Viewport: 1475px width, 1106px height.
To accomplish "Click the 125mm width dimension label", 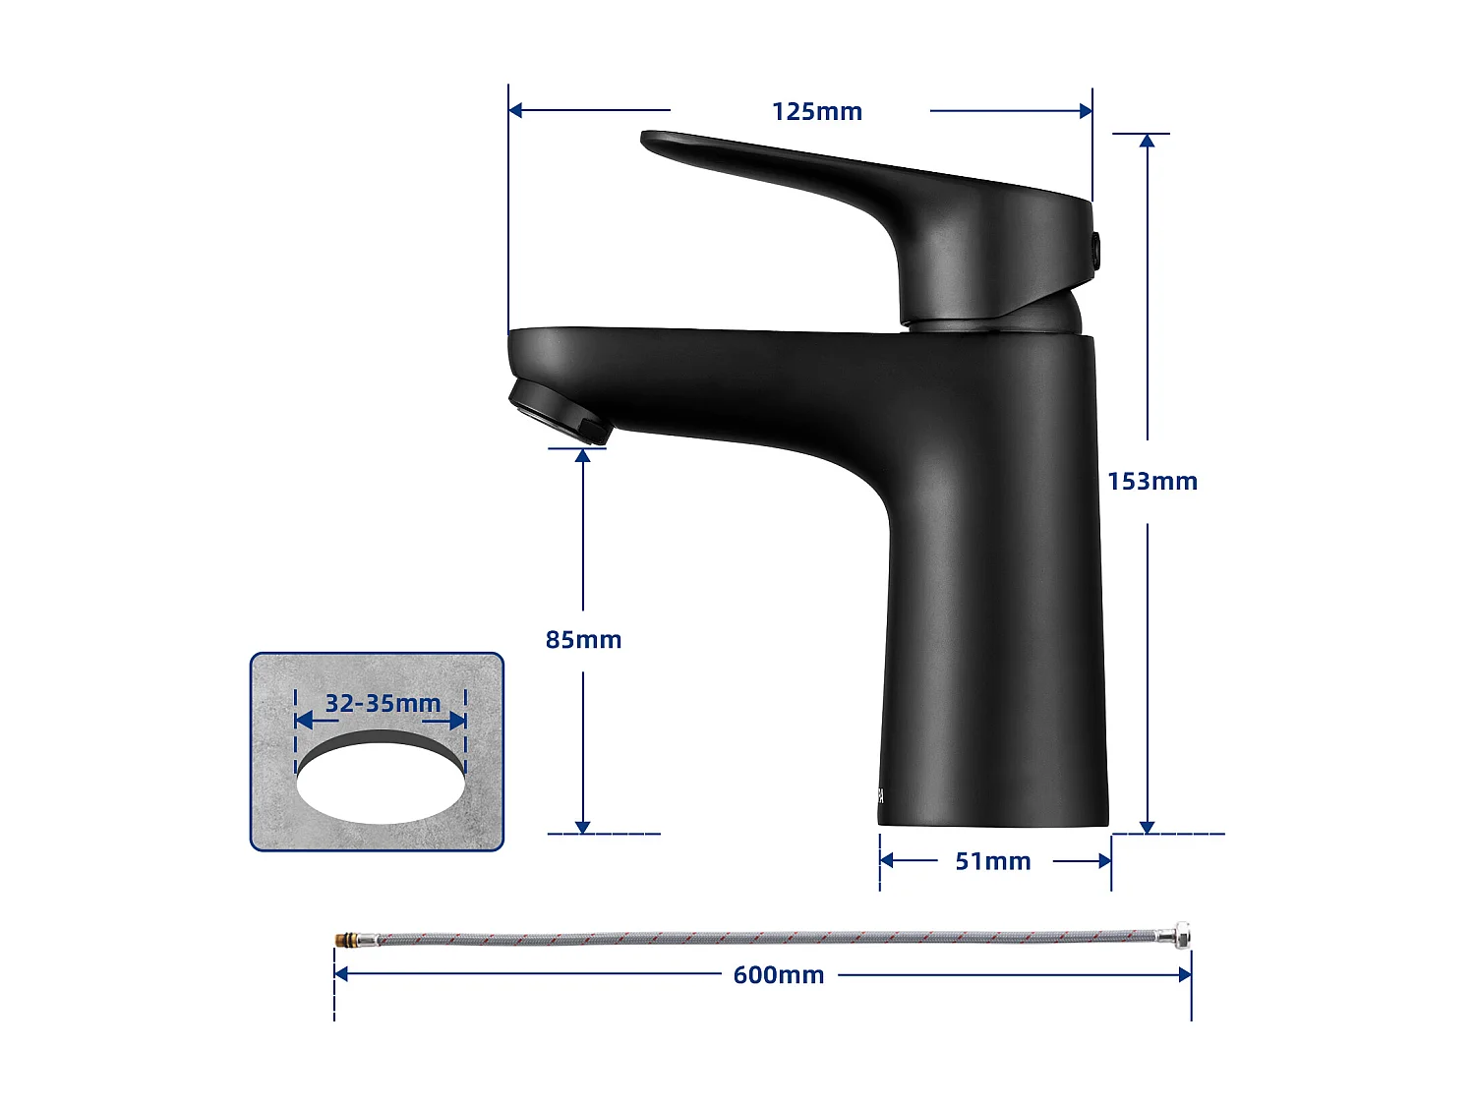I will click(816, 112).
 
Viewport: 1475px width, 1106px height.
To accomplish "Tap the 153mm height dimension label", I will click(1152, 482).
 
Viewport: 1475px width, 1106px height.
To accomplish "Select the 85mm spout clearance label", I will click(583, 640).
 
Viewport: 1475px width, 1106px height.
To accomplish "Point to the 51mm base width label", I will click(993, 862).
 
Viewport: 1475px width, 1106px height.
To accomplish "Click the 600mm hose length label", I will click(779, 975).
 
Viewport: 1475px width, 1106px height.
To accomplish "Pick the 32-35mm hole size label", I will click(383, 704).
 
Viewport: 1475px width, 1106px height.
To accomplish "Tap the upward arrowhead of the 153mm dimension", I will click(1147, 142).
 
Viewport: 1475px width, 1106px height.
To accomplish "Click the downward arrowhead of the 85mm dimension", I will click(583, 826).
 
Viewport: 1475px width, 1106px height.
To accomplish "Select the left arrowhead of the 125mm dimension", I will click(515, 110).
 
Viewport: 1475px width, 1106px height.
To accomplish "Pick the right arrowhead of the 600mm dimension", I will click(1184, 974).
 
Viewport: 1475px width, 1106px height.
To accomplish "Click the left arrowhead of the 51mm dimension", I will click(887, 861).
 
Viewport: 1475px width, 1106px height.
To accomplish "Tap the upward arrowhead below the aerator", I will click(583, 456).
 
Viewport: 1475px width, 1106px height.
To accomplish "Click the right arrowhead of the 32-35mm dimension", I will click(458, 721).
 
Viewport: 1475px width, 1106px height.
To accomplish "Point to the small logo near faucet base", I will click(881, 795).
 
